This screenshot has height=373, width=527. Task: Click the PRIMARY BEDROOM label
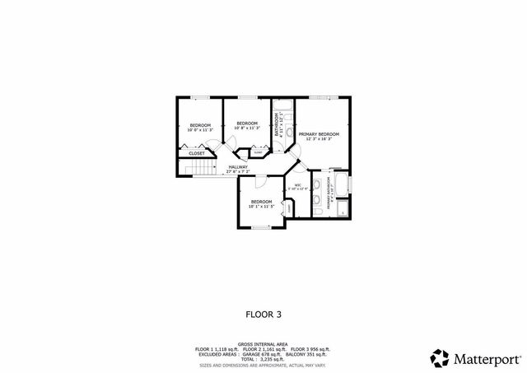319,133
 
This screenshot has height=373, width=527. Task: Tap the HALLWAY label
237,168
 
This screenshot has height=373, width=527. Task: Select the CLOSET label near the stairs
197,153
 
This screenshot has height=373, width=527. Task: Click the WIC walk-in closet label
298,186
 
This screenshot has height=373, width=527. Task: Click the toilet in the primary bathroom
317,212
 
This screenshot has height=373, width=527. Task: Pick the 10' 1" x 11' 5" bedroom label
262,203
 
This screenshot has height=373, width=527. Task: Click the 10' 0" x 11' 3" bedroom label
200,127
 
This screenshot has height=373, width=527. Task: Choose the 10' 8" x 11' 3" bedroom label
247,126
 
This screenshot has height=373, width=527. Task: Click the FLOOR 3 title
263,314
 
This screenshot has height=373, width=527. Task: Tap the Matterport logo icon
440,358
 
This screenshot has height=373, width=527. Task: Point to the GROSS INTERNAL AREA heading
263,343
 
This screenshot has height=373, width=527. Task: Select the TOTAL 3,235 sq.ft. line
263,358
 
